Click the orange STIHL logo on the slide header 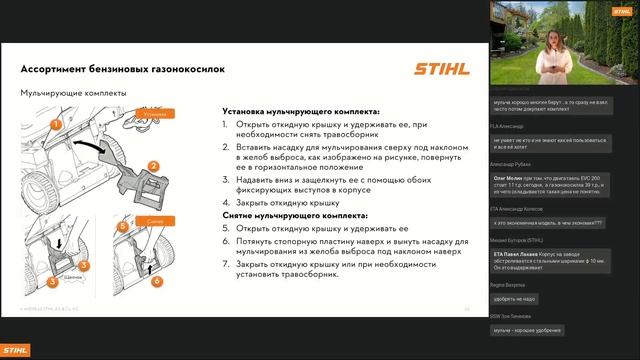click(438, 69)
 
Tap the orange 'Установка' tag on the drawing click(154, 114)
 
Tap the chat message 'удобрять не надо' click(516, 298)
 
